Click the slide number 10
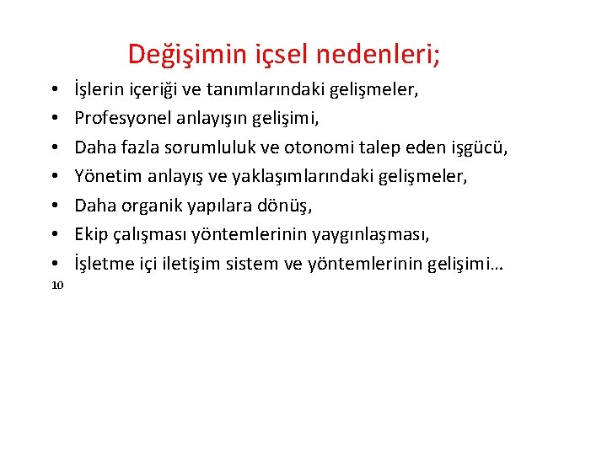(57, 286)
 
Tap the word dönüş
(288, 205)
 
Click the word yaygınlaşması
(375, 234)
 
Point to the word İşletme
(104, 264)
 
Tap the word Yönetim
(105, 176)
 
